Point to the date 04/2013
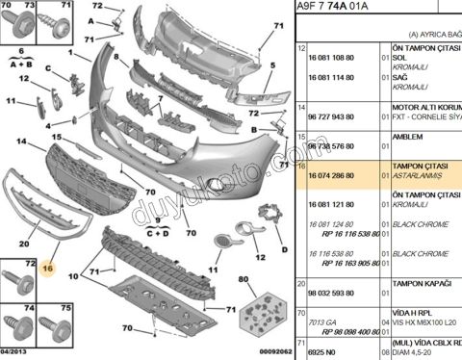pos(16,352)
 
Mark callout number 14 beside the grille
pos(21,142)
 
